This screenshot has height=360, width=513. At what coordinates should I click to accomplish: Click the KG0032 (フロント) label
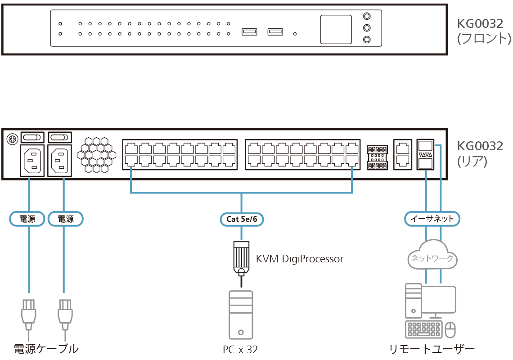[484, 31]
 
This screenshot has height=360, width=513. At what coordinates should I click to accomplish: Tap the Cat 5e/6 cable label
[242, 219]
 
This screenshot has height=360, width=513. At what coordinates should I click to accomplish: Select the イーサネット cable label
[432, 219]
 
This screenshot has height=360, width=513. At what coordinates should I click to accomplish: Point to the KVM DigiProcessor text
[299, 259]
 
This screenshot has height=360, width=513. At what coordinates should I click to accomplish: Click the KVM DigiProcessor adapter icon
[241, 258]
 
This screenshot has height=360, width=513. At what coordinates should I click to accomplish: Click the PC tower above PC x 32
[241, 315]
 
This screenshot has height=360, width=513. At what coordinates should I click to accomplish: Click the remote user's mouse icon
[450, 330]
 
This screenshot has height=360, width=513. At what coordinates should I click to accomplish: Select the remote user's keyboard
[423, 330]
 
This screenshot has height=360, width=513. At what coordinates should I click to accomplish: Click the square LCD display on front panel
[336, 30]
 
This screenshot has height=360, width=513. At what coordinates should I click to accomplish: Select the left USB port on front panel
[249, 31]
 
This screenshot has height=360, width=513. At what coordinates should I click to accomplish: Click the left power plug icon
[28, 313]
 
